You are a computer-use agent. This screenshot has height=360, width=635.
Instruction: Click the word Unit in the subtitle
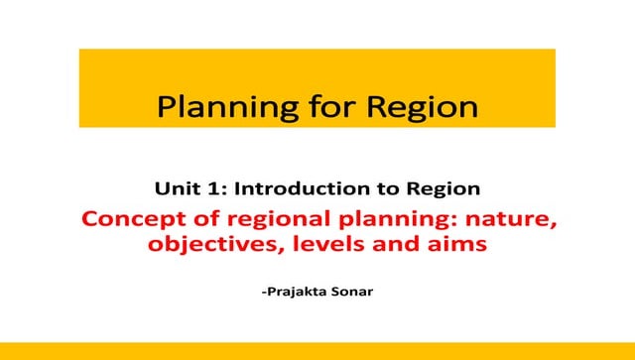[173, 186]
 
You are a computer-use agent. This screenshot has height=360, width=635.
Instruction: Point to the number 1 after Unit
[204, 186]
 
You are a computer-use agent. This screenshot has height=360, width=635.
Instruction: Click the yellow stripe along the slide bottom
[317, 351]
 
